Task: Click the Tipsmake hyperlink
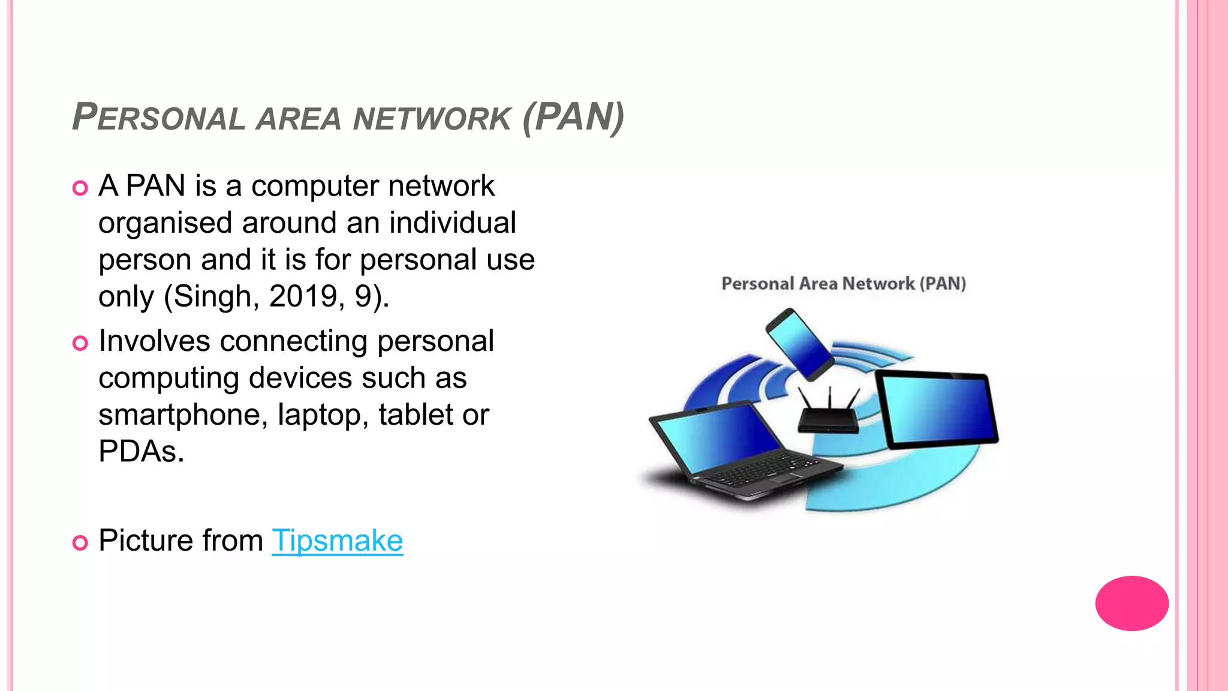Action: click(x=337, y=540)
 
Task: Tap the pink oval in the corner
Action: click(x=1131, y=603)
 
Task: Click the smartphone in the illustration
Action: click(x=799, y=344)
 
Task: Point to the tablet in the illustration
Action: click(x=936, y=410)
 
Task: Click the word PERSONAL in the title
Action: click(x=159, y=117)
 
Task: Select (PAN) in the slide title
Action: click(x=573, y=117)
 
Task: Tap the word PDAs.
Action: click(x=141, y=452)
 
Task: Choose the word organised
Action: click(x=165, y=223)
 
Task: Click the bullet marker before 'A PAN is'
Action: click(x=80, y=188)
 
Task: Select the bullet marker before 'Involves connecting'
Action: click(x=80, y=343)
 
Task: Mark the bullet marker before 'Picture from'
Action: click(x=80, y=543)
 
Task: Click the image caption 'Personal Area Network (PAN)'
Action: click(x=844, y=284)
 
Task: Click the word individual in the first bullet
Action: click(x=452, y=223)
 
